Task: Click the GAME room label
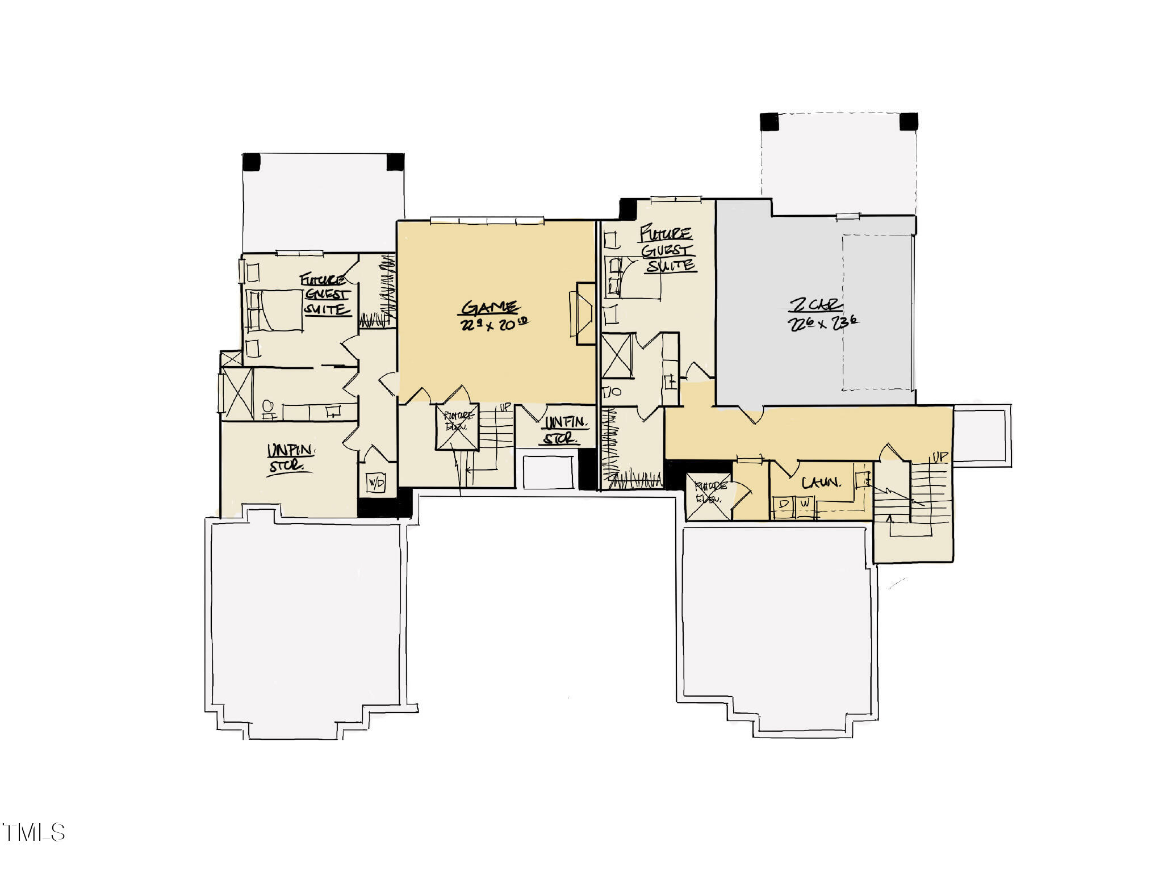pyautogui.click(x=490, y=308)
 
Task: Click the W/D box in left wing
pyautogui.click(x=376, y=483)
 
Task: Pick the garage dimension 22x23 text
pyautogui.click(x=822, y=324)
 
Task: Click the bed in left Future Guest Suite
pyautogui.click(x=275, y=310)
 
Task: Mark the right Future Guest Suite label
pyautogui.click(x=667, y=250)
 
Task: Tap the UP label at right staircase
pyautogui.click(x=940, y=457)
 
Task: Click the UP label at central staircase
pyautogui.click(x=505, y=407)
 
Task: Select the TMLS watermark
pyautogui.click(x=34, y=833)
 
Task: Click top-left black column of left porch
pyautogui.click(x=251, y=162)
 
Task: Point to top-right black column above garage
pyautogui.click(x=909, y=121)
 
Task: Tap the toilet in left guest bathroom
pyautogui.click(x=269, y=408)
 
